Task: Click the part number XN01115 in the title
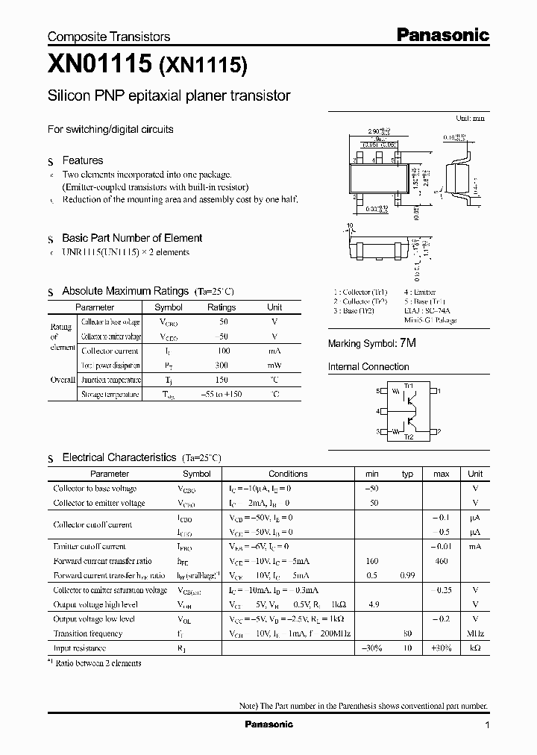pyautogui.click(x=98, y=66)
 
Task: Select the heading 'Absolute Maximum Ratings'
pyautogui.click(x=125, y=291)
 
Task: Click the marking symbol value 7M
pyautogui.click(x=408, y=343)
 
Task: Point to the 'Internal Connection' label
pyautogui.click(x=368, y=367)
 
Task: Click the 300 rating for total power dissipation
pyautogui.click(x=221, y=365)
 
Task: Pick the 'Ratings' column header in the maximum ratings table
pyautogui.click(x=221, y=307)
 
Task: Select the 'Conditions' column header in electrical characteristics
pyautogui.click(x=288, y=474)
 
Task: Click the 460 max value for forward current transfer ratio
pyautogui.click(x=441, y=561)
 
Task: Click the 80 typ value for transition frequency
pyautogui.click(x=407, y=633)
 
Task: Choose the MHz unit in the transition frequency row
pyautogui.click(x=475, y=633)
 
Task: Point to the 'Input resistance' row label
pyautogui.click(x=79, y=648)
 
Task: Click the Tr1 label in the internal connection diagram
pyautogui.click(x=408, y=385)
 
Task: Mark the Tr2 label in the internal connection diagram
pyautogui.click(x=408, y=436)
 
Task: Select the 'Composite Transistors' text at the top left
pyautogui.click(x=109, y=37)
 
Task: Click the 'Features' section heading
pyautogui.click(x=82, y=160)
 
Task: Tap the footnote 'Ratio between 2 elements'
pyautogui.click(x=98, y=662)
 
